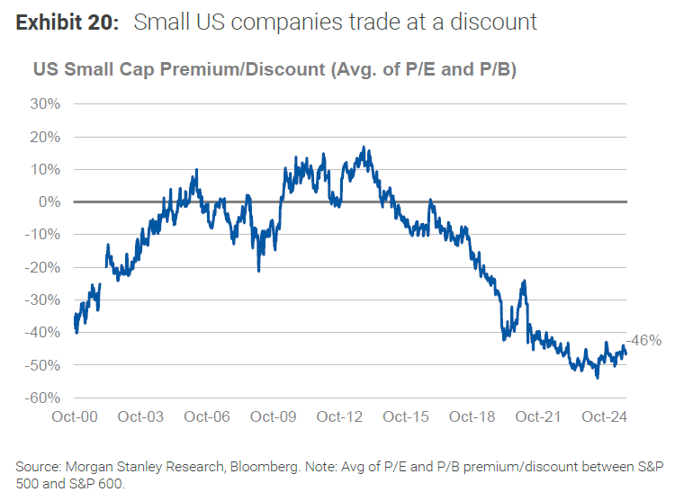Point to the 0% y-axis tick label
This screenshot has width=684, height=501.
click(x=49, y=202)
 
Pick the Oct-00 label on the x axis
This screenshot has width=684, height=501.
click(x=76, y=417)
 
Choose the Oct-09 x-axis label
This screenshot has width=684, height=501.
click(x=274, y=417)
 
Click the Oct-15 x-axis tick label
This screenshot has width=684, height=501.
click(x=405, y=417)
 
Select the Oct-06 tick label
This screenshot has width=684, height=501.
click(x=208, y=417)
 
